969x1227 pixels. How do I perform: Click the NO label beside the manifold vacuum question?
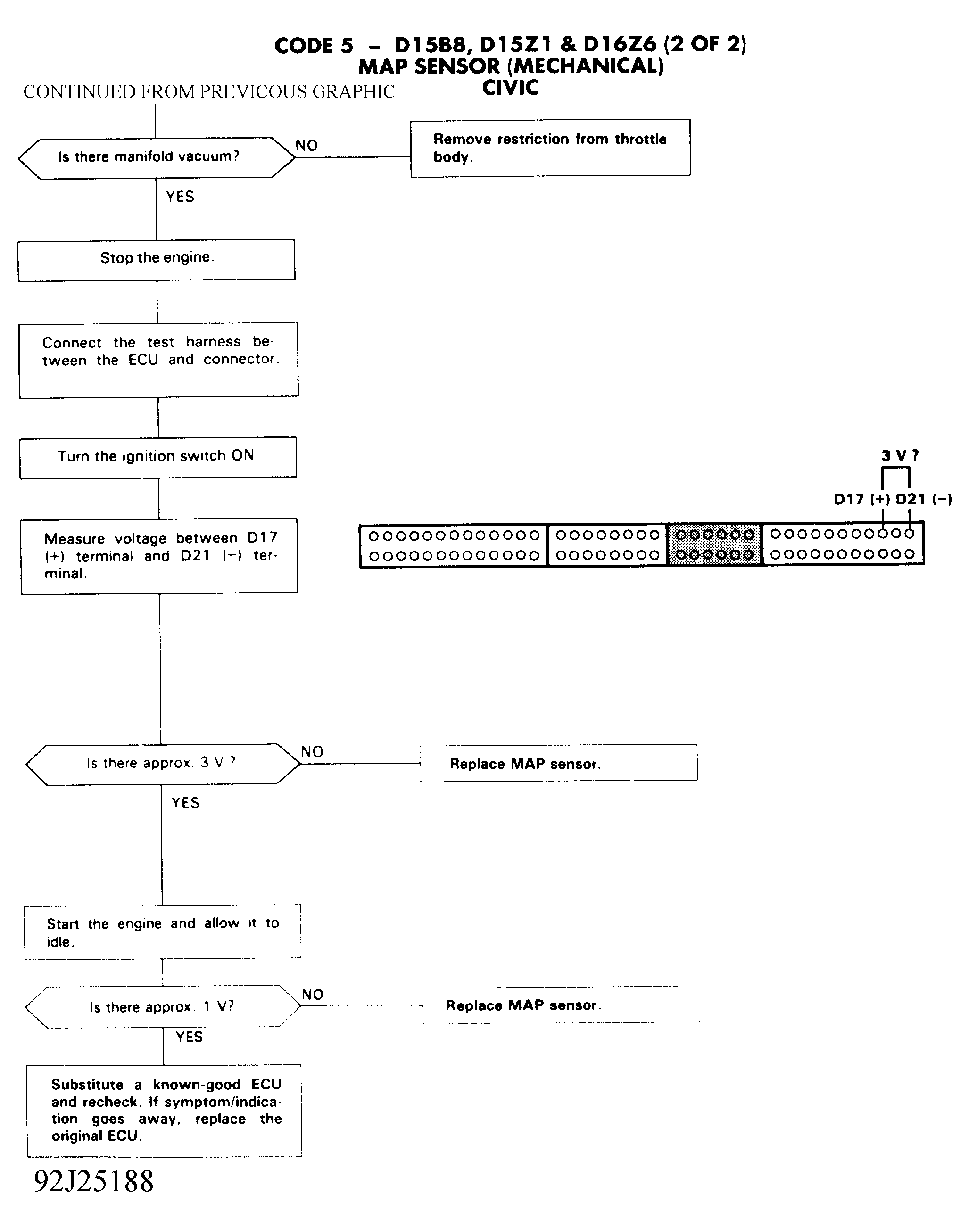click(306, 146)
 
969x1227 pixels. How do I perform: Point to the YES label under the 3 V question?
click(185, 803)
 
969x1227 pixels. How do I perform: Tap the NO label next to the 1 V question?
click(313, 995)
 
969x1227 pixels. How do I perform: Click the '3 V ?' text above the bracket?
click(900, 455)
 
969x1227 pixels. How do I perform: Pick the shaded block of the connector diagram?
click(715, 545)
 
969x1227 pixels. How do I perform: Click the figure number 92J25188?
click(94, 1182)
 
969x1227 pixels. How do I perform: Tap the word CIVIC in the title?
click(511, 88)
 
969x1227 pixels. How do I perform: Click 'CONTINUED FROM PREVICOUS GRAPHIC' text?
click(209, 92)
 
